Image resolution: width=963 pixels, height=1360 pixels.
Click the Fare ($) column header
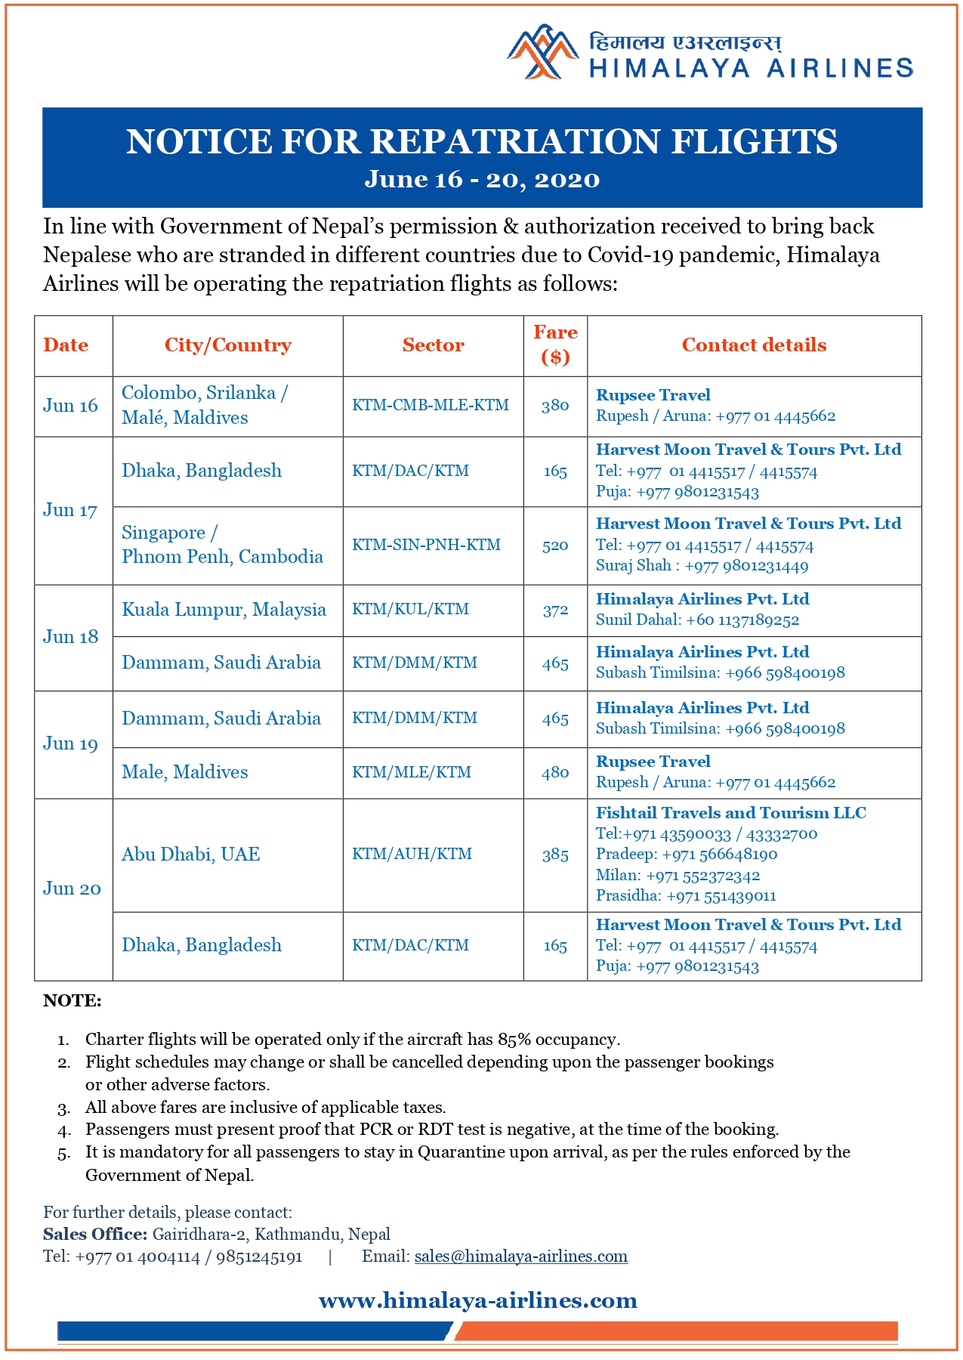point(555,345)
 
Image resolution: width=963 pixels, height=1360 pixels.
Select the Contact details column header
point(754,345)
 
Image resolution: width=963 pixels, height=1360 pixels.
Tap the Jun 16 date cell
point(70,406)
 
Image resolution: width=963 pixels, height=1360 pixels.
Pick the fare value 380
point(555,406)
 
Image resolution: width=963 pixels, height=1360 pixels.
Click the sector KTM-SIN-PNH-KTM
point(426,545)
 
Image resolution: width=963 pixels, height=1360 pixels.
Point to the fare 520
point(555,546)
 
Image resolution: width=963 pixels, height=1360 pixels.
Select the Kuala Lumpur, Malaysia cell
point(224,610)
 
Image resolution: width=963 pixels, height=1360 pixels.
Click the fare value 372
point(555,610)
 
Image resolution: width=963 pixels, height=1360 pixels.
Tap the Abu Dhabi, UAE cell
point(191,855)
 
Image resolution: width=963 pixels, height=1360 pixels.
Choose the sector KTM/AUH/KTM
point(412,855)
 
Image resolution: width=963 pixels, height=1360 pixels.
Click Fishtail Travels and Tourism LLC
point(730,813)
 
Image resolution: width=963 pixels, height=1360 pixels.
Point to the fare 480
point(555,773)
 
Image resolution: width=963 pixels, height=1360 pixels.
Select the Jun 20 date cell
point(72,889)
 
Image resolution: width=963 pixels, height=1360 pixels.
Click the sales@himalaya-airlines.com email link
point(521,1256)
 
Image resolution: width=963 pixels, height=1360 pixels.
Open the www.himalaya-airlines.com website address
point(478,1300)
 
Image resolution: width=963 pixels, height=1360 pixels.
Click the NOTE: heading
point(73,1001)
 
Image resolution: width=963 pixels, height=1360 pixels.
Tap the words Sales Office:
point(95,1235)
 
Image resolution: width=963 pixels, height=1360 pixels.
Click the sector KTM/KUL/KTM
point(410,610)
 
